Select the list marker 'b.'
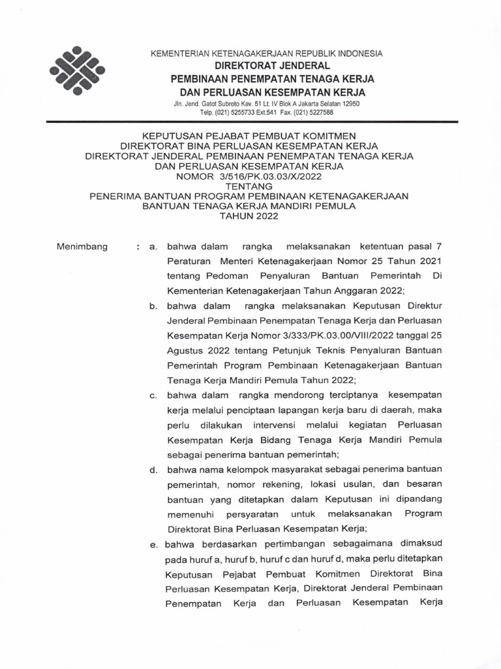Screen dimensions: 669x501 154,306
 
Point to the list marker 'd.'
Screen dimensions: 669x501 154,470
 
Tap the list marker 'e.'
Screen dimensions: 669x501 153,544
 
